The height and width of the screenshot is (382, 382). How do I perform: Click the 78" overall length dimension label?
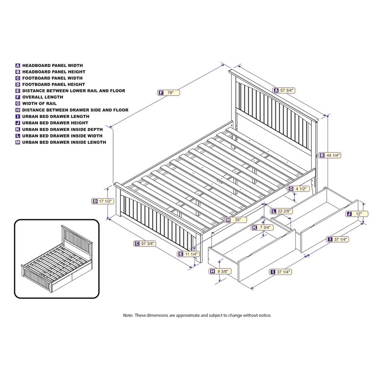pyautogui.click(x=170, y=93)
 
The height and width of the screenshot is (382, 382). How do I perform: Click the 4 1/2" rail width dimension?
pyautogui.click(x=299, y=189)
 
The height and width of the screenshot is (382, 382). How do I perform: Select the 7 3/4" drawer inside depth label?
pyautogui.click(x=264, y=227)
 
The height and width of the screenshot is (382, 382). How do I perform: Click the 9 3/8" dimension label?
pyautogui.click(x=221, y=272)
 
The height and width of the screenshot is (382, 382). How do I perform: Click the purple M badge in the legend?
pyautogui.click(x=18, y=142)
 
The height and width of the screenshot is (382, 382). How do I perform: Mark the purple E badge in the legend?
pyautogui.click(x=18, y=91)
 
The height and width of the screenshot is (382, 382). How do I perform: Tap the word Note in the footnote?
pyautogui.click(x=128, y=316)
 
